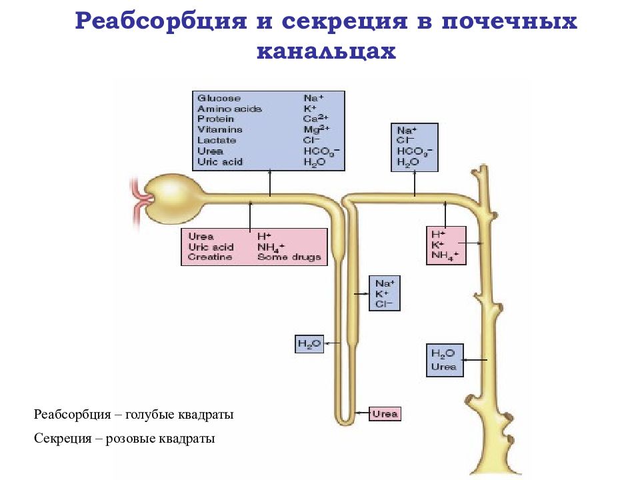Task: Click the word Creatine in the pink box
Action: (210, 257)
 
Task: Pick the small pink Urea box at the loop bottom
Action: (385, 414)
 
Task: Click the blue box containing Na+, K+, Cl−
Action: (385, 293)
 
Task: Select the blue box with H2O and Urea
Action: (444, 360)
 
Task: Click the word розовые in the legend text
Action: (143, 439)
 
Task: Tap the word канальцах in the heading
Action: (326, 51)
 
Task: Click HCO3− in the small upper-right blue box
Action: (415, 151)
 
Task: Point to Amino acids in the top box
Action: (229, 109)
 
